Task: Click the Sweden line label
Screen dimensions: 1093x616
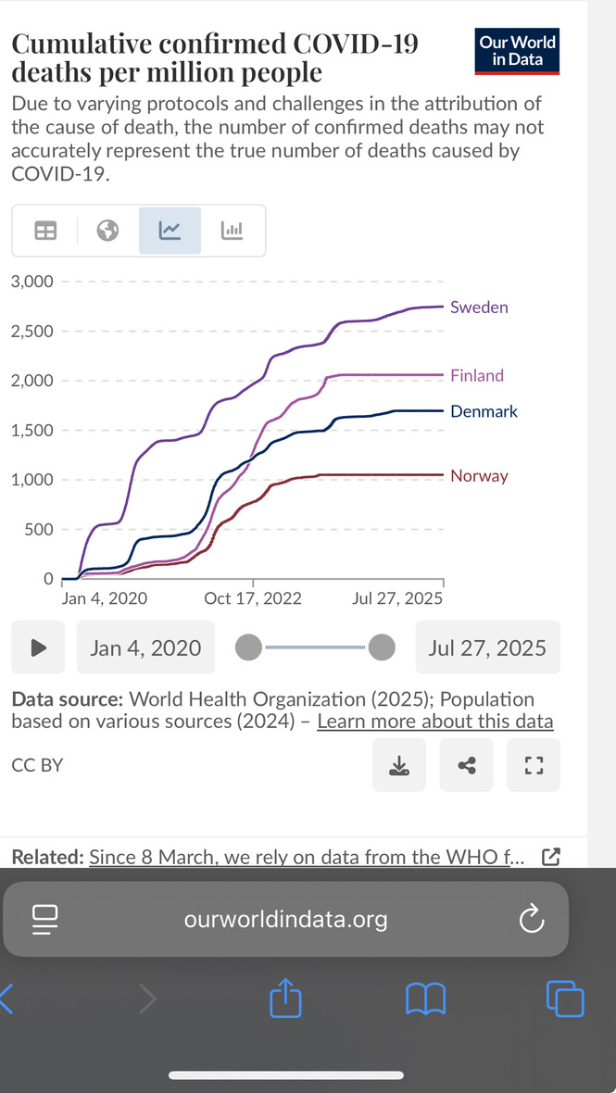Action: pyautogui.click(x=479, y=308)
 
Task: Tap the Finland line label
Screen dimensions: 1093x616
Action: pyautogui.click(x=477, y=375)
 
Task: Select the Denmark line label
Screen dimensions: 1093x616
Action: pyautogui.click(x=484, y=411)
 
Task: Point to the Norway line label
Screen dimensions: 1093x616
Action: pyautogui.click(x=479, y=476)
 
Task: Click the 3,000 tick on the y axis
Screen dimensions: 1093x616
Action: pyautogui.click(x=32, y=282)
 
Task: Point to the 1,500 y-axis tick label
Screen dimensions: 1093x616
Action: pyautogui.click(x=32, y=431)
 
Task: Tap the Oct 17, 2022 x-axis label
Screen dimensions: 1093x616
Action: pyautogui.click(x=253, y=598)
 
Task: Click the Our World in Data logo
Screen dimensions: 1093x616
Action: pyautogui.click(x=518, y=51)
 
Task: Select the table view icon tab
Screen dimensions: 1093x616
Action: pyautogui.click(x=45, y=231)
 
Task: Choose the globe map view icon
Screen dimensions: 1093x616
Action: pyautogui.click(x=108, y=231)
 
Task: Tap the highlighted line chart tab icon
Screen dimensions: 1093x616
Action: pyautogui.click(x=170, y=231)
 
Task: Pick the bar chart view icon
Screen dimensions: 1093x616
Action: pyautogui.click(x=232, y=231)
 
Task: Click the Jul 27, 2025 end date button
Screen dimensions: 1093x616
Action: pyautogui.click(x=487, y=647)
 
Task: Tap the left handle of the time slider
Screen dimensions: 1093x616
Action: pyautogui.click(x=248, y=647)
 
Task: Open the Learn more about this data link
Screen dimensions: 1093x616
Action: pyautogui.click(x=434, y=722)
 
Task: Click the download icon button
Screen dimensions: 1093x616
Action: pyautogui.click(x=398, y=765)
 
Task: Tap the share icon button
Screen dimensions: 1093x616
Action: pyautogui.click(x=467, y=765)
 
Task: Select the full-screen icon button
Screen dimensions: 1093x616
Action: pyautogui.click(x=533, y=765)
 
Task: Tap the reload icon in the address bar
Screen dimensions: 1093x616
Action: pyautogui.click(x=530, y=919)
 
